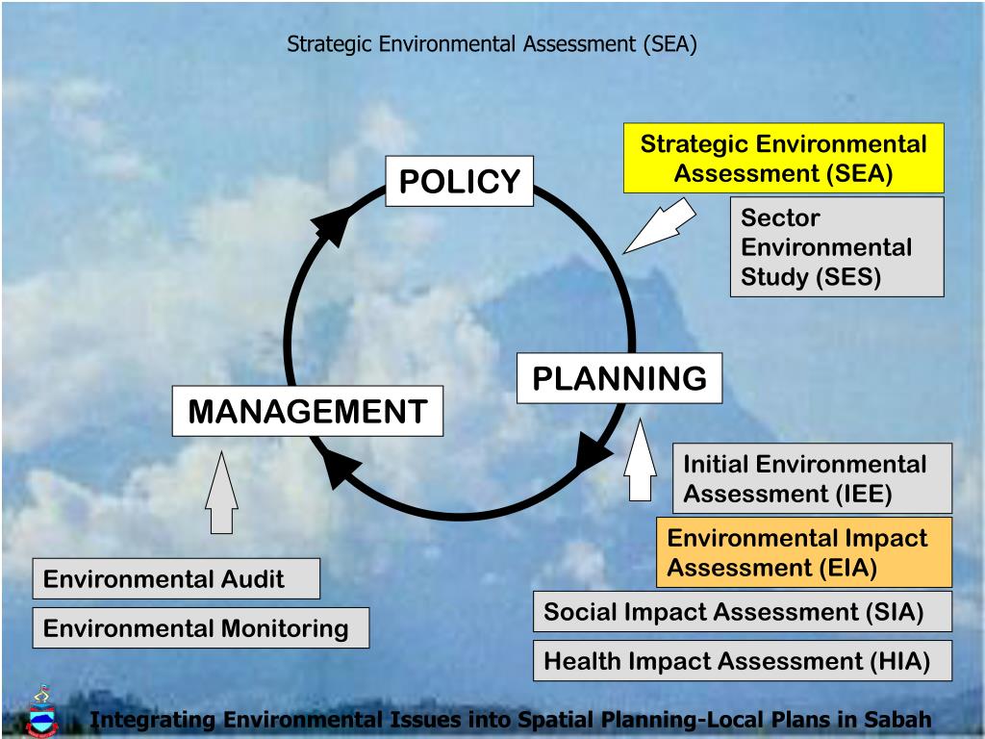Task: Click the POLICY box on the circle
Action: coord(460,181)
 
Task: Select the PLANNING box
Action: coord(619,378)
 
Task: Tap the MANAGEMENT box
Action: coord(308,411)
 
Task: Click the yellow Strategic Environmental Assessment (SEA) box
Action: coord(783,159)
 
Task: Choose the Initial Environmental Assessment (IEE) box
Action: coord(811,478)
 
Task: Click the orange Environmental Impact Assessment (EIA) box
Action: coord(803,552)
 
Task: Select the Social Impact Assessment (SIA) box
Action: coord(742,612)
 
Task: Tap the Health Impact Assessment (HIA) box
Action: coord(742,661)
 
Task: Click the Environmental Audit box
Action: coord(175,578)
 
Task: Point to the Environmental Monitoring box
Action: coord(200,627)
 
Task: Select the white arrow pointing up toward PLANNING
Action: coord(640,461)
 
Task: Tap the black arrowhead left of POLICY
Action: coord(332,227)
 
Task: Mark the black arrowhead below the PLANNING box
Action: coord(592,450)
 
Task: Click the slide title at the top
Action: coord(492,44)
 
